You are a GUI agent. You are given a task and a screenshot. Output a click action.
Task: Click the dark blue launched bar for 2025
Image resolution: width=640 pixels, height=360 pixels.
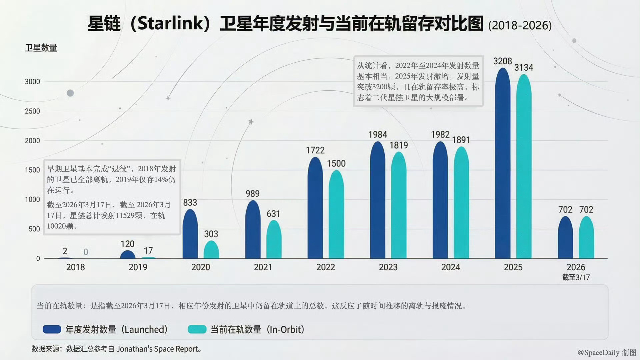(x=503, y=163)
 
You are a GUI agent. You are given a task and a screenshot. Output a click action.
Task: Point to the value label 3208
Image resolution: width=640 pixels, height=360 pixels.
(x=502, y=61)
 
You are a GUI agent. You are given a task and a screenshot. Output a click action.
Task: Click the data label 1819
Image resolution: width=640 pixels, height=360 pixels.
(x=399, y=145)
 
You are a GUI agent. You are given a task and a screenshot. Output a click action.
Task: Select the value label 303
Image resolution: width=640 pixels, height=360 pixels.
(x=211, y=234)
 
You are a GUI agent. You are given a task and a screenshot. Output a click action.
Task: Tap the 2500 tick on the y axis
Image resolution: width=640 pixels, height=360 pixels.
(x=32, y=111)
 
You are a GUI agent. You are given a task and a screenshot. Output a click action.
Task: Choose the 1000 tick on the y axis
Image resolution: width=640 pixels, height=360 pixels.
(x=32, y=200)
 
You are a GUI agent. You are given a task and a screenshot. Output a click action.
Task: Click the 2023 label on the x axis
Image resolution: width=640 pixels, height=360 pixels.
(x=388, y=267)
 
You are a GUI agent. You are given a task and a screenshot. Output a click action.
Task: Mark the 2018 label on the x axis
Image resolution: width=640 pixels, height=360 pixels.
(x=75, y=267)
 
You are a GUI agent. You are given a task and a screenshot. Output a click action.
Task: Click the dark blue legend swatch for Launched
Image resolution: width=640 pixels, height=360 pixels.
(x=52, y=329)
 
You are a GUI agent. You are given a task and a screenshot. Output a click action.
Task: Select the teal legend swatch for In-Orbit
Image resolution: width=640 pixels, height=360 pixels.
(x=197, y=329)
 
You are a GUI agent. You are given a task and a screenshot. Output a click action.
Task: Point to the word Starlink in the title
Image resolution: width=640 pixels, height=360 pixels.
(x=170, y=23)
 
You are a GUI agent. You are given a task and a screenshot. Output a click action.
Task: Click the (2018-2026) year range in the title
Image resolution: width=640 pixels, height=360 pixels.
(x=520, y=26)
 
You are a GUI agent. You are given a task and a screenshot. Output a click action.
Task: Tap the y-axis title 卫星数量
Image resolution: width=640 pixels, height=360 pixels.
(x=41, y=48)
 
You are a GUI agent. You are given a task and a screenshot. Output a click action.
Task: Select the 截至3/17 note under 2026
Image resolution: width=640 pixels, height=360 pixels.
(x=576, y=277)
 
